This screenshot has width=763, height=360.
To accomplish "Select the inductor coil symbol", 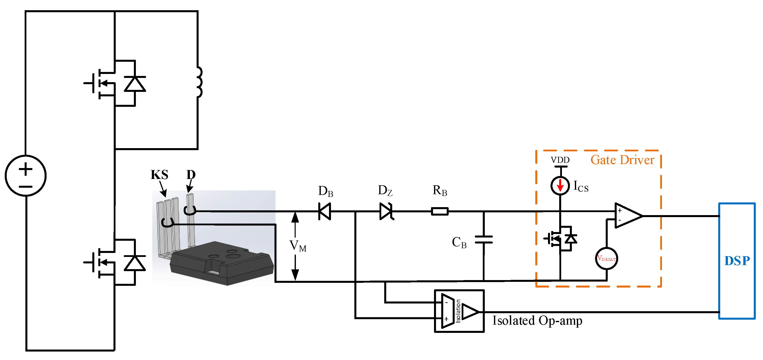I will click(x=199, y=82).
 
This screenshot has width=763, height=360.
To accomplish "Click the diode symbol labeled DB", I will click(x=325, y=211).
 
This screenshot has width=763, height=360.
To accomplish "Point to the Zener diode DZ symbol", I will click(x=386, y=211).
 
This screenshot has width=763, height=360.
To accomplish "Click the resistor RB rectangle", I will click(x=439, y=211).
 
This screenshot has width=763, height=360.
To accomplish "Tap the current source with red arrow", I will click(x=560, y=186).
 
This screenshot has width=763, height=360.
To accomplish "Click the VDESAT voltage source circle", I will click(x=606, y=259).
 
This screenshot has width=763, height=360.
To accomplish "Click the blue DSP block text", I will click(x=737, y=261).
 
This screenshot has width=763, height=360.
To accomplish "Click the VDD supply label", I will click(x=560, y=160).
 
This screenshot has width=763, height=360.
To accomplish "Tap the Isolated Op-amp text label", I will click(x=537, y=321).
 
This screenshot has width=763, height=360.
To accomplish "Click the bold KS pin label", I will click(x=159, y=175).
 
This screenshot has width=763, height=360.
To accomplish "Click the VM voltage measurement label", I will click(x=298, y=246).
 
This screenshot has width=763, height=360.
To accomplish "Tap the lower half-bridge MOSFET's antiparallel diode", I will click(x=135, y=263).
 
